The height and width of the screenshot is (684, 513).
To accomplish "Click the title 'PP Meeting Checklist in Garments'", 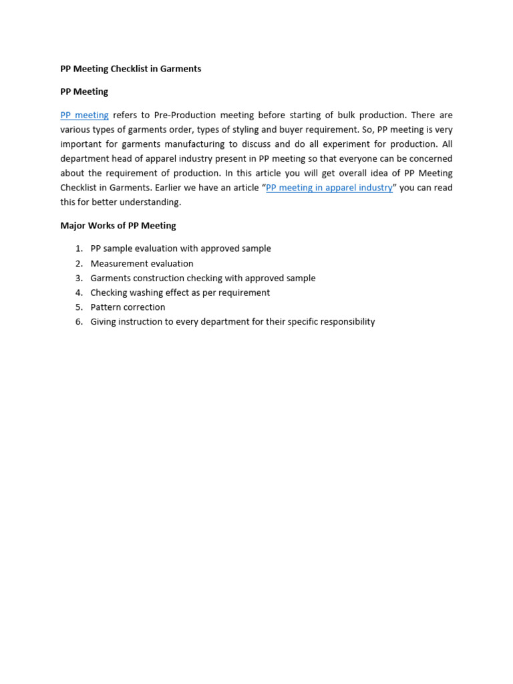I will pos(130,69).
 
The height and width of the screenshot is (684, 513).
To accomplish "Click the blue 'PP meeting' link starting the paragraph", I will pos(84,116).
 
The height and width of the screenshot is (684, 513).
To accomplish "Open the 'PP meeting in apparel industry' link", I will pos(329,188).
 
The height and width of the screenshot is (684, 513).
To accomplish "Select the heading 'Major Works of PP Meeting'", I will pos(118,226).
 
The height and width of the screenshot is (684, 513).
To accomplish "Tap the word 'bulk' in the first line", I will pos(347,116).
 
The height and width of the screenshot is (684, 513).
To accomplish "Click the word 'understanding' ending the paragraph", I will pos(152,202).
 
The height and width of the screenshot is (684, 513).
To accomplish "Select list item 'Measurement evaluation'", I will pos(142,264).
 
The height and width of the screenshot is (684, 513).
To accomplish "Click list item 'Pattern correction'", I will pos(128,307).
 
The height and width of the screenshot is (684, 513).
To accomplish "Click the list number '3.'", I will pos(79,279).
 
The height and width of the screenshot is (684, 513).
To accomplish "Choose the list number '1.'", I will pos(79,248).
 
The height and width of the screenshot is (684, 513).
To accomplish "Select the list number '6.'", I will pos(79,322).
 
